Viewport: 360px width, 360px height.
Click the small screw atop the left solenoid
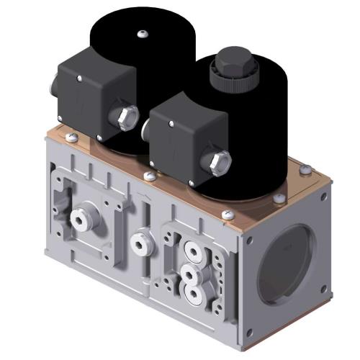pos(143,33)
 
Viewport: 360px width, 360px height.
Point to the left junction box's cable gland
pos(127,114)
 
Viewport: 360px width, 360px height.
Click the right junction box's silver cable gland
pos(220,159)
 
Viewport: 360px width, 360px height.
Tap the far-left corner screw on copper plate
pos(69,137)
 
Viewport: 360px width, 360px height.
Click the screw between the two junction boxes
pos(148,175)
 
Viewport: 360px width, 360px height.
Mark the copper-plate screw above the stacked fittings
pos(229,214)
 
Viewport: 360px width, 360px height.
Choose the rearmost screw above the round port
pos(305,170)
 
